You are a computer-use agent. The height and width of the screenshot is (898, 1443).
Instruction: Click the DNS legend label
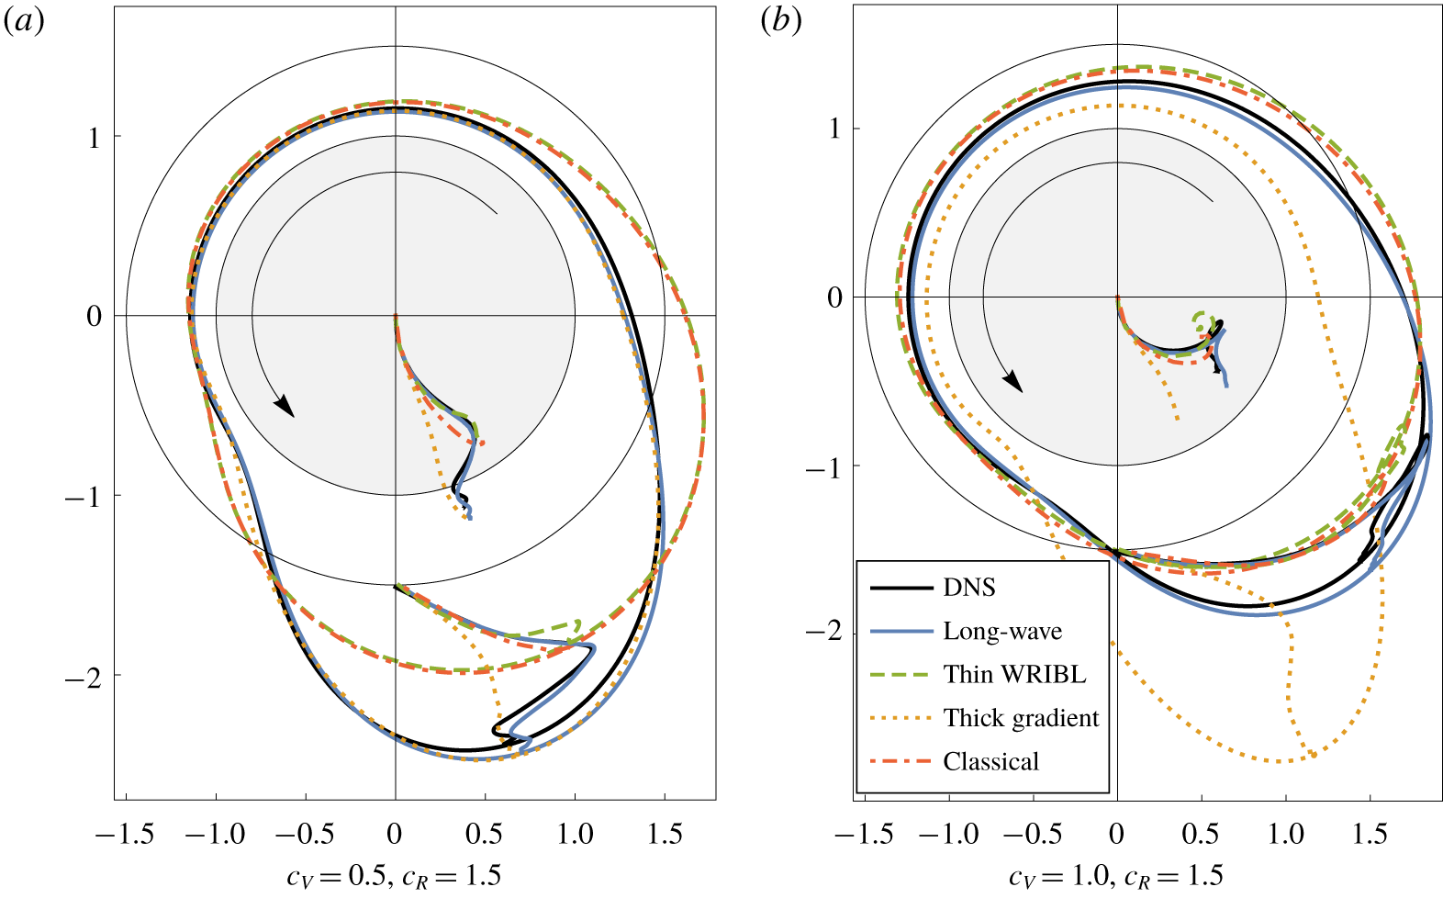[x=969, y=588]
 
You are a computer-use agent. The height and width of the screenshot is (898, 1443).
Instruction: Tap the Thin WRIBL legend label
[x=1014, y=675]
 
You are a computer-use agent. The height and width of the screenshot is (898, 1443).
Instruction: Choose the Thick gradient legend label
[x=1021, y=718]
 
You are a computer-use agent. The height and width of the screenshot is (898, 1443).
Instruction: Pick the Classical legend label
[x=991, y=762]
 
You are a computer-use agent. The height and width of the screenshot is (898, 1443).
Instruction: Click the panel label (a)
[x=24, y=22]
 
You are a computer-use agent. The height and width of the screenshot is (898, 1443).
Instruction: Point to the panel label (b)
[x=780, y=20]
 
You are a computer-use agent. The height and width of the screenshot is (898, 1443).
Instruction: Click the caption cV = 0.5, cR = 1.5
[x=394, y=876]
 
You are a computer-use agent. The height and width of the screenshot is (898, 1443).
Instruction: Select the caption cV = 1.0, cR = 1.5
[x=1115, y=876]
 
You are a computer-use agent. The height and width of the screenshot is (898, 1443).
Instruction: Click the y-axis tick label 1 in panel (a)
[x=94, y=138]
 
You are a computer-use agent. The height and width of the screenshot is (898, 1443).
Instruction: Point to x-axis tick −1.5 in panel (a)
[x=125, y=834]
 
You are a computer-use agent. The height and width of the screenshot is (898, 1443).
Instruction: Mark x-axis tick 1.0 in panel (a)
[x=575, y=834]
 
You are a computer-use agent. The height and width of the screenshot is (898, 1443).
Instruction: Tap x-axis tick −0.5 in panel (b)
[x=1033, y=834]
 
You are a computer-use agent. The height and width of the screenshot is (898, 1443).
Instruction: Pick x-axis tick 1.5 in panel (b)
[x=1370, y=834]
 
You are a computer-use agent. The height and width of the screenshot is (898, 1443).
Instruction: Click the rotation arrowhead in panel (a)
[x=285, y=406]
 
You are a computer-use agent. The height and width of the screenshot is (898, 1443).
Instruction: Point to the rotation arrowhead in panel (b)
[x=1012, y=380]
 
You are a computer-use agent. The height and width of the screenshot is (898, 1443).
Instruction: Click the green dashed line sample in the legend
[x=900, y=675]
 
